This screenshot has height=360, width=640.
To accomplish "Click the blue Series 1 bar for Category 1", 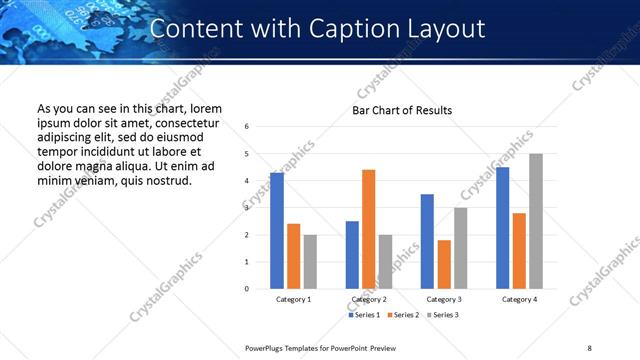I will tap(277, 231).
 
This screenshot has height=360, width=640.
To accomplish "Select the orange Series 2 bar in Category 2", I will tap(368, 229).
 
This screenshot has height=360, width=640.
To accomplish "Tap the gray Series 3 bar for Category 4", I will tap(536, 221).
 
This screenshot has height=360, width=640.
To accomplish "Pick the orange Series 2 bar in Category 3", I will tap(444, 264).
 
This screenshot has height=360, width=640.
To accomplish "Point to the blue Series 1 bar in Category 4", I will tap(502, 228).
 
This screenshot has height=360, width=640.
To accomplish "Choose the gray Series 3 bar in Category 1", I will tap(310, 262).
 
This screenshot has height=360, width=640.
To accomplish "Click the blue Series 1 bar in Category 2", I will tap(352, 255).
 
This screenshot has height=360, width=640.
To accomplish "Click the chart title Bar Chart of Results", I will tap(402, 110).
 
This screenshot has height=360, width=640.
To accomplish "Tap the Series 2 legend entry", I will tap(403, 315).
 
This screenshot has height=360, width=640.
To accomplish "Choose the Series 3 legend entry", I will tap(443, 315).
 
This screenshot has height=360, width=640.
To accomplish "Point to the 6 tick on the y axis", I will tap(246, 127).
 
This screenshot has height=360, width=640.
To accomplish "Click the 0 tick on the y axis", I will tap(246, 289).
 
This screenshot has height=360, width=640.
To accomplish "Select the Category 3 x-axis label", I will tap(443, 299).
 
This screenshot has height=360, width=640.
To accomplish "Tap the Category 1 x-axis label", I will tap(293, 299).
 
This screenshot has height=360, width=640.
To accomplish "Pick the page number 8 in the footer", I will tap(588, 347).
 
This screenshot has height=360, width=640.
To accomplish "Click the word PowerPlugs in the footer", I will tap(267, 347).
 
